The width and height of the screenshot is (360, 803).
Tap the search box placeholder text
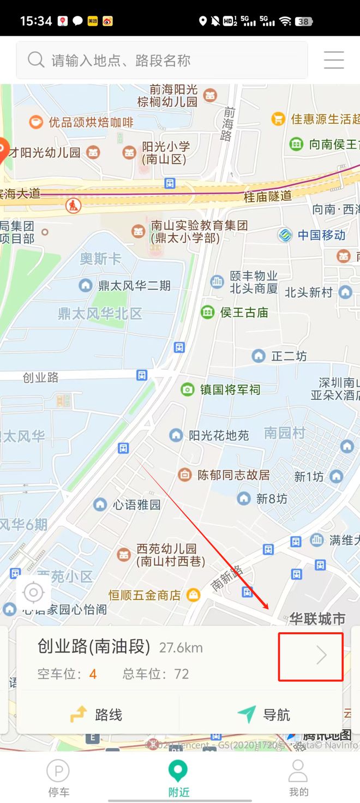(121, 61)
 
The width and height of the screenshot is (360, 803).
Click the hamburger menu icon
(334, 60)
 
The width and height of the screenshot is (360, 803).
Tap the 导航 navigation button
(264, 714)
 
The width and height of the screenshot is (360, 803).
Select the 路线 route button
(97, 714)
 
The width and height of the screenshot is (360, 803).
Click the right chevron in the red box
(321, 656)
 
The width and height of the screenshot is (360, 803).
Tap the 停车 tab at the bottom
(58, 778)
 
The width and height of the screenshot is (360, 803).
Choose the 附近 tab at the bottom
(178, 778)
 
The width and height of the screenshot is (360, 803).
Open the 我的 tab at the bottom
(298, 778)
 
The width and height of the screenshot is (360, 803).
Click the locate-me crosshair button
(34, 592)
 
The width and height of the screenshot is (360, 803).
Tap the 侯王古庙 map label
(244, 313)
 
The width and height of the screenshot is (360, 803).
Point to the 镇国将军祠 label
(230, 389)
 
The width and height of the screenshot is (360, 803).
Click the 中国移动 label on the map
(321, 235)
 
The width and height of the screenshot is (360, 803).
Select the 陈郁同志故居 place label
(233, 475)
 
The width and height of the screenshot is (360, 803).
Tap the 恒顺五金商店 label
(145, 595)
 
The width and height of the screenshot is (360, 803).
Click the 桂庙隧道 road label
(268, 196)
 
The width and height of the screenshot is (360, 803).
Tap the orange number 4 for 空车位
(93, 674)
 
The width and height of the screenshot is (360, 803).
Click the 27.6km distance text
(181, 648)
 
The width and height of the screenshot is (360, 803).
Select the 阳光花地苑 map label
(219, 435)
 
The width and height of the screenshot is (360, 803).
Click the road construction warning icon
(73, 206)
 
